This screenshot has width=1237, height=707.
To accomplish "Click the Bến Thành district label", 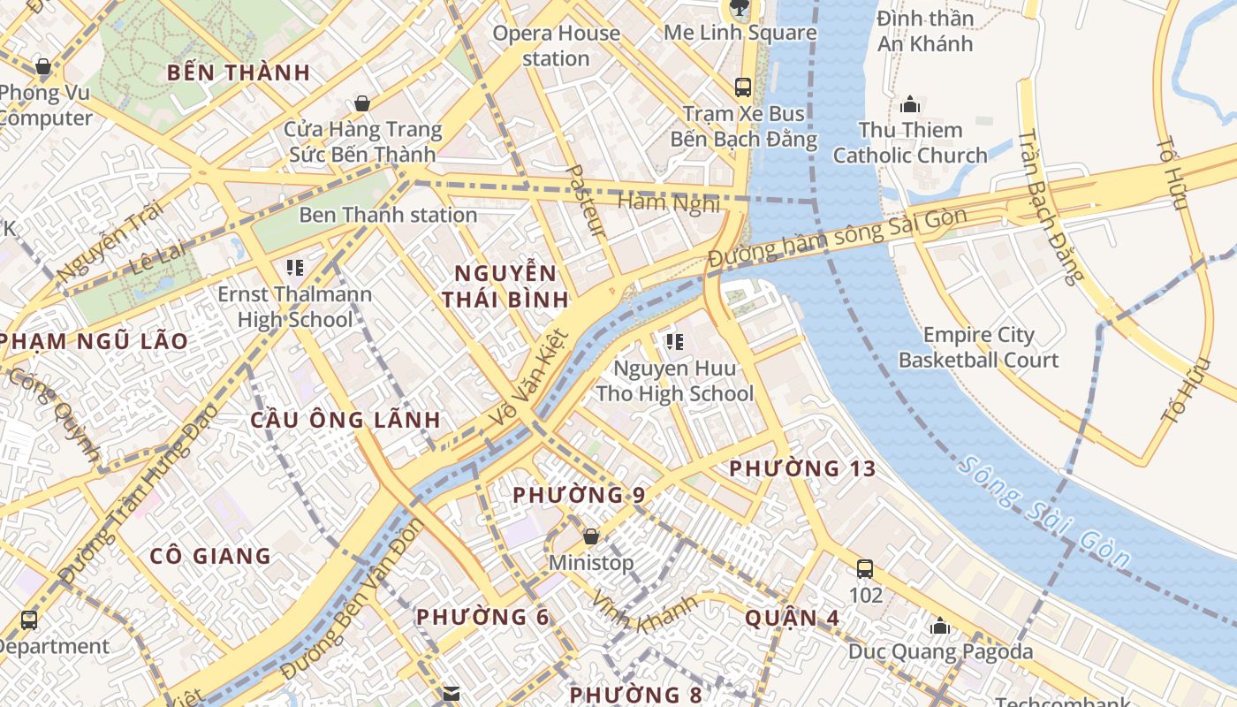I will click(x=239, y=72).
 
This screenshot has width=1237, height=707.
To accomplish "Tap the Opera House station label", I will click(x=556, y=46).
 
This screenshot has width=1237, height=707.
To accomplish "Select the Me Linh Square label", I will click(x=740, y=33).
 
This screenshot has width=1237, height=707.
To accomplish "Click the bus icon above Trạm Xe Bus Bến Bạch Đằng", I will click(x=743, y=87).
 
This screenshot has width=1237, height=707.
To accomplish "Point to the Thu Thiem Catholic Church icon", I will click(x=910, y=104).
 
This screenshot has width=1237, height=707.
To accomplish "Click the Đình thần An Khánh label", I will click(x=925, y=31).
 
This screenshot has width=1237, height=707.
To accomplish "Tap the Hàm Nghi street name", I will click(x=669, y=202).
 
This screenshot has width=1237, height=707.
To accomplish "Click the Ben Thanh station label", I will click(x=388, y=215).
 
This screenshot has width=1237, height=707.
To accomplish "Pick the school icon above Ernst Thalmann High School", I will click(x=294, y=267).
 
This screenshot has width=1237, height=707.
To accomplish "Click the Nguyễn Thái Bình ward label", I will click(x=505, y=285).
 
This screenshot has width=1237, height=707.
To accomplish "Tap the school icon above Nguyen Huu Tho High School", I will click(x=675, y=341).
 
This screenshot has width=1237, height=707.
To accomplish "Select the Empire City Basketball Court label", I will click(x=978, y=347).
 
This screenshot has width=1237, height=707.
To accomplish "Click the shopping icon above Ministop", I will click(x=591, y=536).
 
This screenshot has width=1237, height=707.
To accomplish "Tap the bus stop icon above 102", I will click(x=865, y=569).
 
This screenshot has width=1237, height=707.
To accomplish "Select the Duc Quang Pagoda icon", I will click(x=940, y=627).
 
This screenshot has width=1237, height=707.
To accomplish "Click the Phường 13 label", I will click(x=802, y=469).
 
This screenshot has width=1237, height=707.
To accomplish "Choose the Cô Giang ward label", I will click(x=210, y=556).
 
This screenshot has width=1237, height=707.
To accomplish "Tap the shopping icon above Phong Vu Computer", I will click(x=42, y=66).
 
